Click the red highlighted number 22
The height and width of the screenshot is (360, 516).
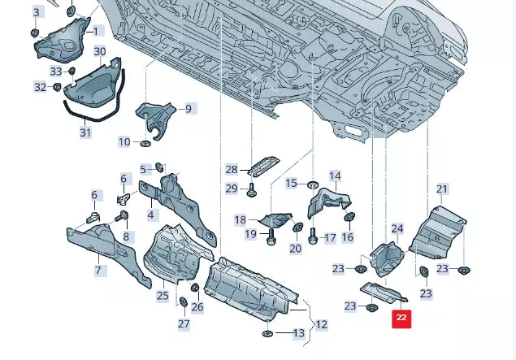pyautogui.click(x=401, y=318)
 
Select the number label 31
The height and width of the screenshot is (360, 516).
pyautogui.click(x=85, y=132)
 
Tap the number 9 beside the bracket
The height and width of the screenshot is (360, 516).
pyautogui.click(x=188, y=108)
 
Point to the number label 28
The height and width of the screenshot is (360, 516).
pyautogui.click(x=232, y=169)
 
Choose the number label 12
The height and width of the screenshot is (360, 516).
pyautogui.click(x=321, y=324)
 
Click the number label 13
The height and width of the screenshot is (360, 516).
pyautogui.click(x=298, y=333)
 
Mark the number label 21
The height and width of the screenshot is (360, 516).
pyautogui.click(x=442, y=189)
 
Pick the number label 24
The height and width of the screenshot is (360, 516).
pyautogui.click(x=397, y=229)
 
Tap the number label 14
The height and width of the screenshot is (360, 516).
pyautogui.click(x=335, y=176)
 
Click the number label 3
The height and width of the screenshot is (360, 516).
pyautogui.click(x=36, y=12)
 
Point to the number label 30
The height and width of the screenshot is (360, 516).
pyautogui.click(x=100, y=51)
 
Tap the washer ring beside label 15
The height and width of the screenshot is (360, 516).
pyautogui.click(x=313, y=184)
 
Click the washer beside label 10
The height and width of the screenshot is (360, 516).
pyautogui.click(x=145, y=144)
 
